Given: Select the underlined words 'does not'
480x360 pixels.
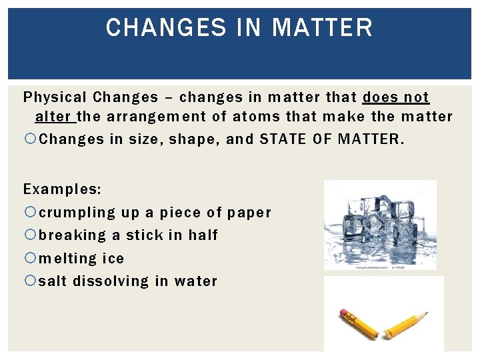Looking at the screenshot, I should [396, 97].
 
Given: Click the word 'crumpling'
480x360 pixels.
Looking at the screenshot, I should [77, 213].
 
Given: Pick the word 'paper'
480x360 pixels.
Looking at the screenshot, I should [249, 213].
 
